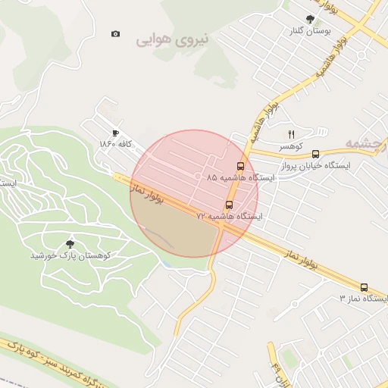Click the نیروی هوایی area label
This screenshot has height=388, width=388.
coord(173,39)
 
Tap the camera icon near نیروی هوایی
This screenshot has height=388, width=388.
coord(115,33)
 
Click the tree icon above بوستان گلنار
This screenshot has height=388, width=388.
coord(309,19)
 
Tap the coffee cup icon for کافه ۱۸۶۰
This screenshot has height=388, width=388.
coord(115,132)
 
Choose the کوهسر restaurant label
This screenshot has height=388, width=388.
coord(289,145)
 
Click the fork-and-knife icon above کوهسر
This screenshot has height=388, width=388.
coord(290,134)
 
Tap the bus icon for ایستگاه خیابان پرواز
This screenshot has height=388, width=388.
coord(315,153)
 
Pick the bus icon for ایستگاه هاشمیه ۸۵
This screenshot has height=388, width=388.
coord(241,166)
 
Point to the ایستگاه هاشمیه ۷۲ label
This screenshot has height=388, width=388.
coord(229,217)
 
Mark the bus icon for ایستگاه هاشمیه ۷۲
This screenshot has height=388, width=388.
coord(229,205)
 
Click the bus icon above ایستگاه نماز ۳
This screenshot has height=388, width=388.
coord(364,288)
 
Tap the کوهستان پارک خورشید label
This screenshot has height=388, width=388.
coord(70,256)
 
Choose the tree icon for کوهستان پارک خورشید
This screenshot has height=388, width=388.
coord(70,244)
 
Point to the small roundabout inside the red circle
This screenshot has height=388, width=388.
coord(199,177)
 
